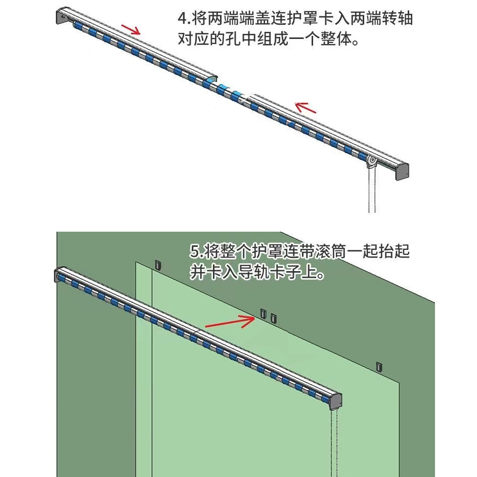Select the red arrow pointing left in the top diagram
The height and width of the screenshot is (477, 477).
[306, 107]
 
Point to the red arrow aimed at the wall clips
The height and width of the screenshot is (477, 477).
[230, 322]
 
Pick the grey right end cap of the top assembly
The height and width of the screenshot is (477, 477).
[402, 171]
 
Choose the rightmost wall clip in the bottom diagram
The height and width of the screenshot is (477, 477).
[379, 366]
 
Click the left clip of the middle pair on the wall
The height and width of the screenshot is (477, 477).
[263, 314]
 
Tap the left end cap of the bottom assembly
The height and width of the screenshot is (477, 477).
[57, 276]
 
